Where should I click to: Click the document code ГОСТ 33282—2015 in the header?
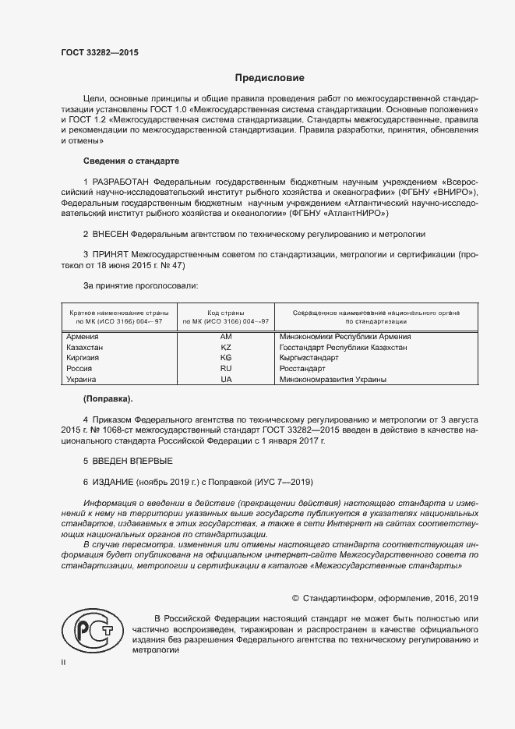[99, 53]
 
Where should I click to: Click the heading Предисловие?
[270, 78]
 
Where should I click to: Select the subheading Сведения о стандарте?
[131, 161]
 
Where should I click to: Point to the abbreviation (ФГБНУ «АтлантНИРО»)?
[338, 213]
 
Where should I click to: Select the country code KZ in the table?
[226, 347]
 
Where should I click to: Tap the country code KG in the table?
[226, 357]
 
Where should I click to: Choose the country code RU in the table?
[226, 368]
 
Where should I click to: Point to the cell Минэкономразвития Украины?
[333, 379]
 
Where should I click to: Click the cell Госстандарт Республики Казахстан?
[343, 347]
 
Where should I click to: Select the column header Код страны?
[226, 312]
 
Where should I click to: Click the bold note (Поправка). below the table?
[108, 398]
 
